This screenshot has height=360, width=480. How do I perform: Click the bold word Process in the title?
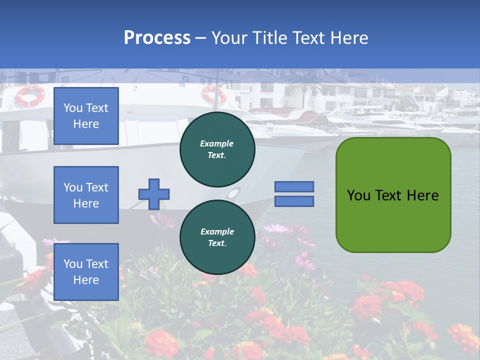[157, 38]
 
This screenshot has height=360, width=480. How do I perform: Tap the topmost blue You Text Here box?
[86, 116]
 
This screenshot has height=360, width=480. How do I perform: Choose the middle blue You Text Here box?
[86, 195]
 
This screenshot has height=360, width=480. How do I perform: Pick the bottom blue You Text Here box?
[86, 272]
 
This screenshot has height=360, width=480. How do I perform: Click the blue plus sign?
[154, 194]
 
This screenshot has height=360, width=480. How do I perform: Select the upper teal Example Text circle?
[217, 149]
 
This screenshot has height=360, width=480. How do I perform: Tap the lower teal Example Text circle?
[217, 237]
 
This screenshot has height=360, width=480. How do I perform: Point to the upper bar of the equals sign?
[294, 186]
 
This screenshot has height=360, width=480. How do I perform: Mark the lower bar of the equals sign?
[294, 201]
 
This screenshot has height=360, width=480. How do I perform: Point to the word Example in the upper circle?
[217, 143]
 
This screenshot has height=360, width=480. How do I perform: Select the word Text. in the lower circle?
[217, 243]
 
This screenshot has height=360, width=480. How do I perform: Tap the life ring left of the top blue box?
[30, 95]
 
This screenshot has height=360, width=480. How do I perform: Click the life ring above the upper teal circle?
[213, 94]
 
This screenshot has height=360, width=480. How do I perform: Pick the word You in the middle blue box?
[72, 187]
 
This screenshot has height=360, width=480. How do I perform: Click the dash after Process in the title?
[201, 38]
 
